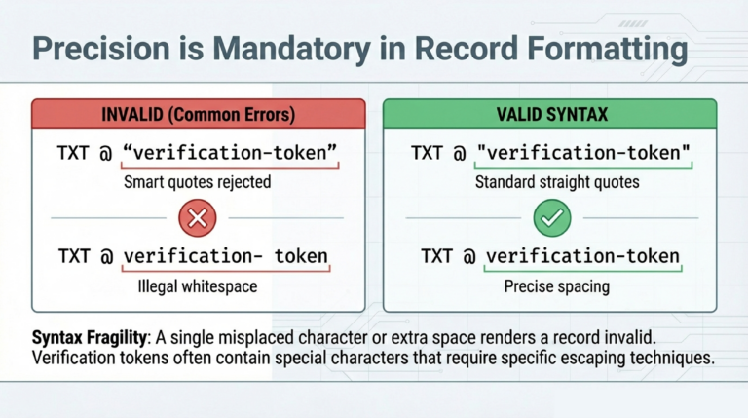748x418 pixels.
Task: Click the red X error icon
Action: (197, 218)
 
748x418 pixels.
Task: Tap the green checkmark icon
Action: (551, 218)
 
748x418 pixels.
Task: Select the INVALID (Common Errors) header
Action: (197, 115)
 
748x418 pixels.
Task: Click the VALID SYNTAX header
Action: (551, 115)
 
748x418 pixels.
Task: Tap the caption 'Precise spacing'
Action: (550, 286)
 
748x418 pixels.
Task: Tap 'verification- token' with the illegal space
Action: (226, 257)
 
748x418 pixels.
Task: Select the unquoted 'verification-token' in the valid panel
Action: (581, 257)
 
